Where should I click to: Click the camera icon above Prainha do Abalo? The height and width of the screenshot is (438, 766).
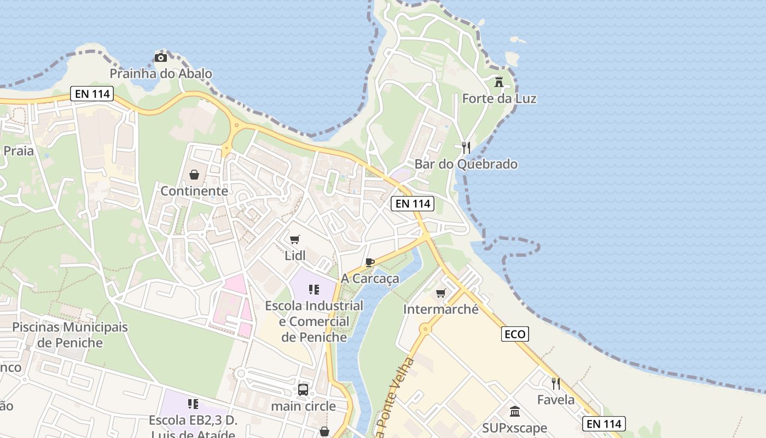(x=160, y=57)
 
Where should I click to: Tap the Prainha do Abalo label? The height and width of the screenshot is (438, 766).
(x=161, y=73)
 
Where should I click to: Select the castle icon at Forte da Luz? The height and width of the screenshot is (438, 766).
(x=499, y=82)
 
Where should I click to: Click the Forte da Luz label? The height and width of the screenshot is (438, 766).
(x=499, y=99)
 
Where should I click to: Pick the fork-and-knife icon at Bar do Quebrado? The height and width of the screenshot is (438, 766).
(x=466, y=147)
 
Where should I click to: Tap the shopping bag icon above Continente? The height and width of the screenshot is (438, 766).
(x=194, y=175)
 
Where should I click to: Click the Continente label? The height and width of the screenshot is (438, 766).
(x=194, y=191)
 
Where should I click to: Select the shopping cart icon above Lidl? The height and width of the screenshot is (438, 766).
(x=295, y=239)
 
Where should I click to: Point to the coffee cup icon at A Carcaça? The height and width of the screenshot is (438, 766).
(x=370, y=262)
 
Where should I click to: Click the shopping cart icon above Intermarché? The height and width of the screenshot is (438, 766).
(x=441, y=293)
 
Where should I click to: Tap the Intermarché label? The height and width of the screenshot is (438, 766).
(x=441, y=309)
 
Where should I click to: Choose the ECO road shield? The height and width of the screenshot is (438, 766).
(x=515, y=334)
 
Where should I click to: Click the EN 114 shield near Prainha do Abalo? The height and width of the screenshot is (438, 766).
(x=92, y=94)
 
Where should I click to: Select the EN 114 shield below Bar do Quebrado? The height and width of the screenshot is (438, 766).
(x=413, y=204)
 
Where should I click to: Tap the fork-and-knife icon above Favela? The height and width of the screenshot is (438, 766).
(x=556, y=383)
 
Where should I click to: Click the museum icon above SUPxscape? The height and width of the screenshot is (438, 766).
(x=515, y=412)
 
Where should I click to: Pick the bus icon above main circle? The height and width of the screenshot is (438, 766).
(x=303, y=390)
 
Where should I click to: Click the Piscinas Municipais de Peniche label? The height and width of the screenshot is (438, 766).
(x=70, y=335)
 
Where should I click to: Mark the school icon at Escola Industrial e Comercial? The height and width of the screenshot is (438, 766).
(x=314, y=289)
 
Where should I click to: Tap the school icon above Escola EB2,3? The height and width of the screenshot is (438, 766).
(x=193, y=404)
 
